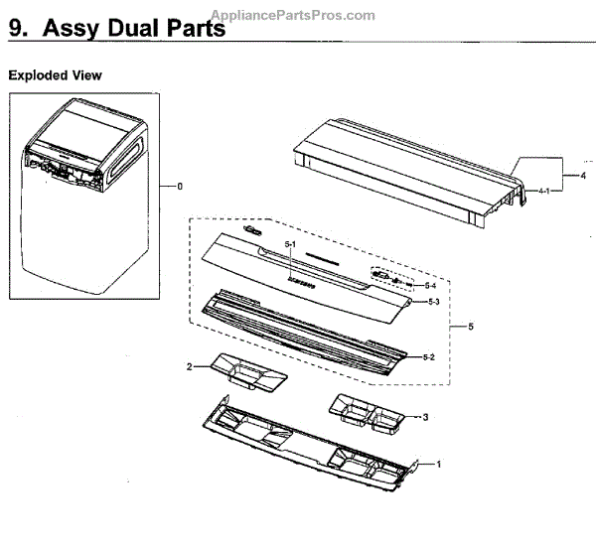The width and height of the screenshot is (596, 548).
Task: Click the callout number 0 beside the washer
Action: [180, 186]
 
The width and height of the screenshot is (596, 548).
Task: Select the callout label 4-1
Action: [544, 190]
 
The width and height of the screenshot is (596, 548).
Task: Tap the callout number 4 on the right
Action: [569, 175]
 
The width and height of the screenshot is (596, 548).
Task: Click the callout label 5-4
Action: [430, 285]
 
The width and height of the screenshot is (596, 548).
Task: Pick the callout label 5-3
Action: [431, 301]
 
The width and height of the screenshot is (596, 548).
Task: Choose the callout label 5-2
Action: [428, 355]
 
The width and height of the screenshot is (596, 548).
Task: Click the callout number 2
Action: [189, 367]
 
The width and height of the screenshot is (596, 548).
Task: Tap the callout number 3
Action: [425, 416]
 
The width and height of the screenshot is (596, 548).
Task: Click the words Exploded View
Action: [55, 75]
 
